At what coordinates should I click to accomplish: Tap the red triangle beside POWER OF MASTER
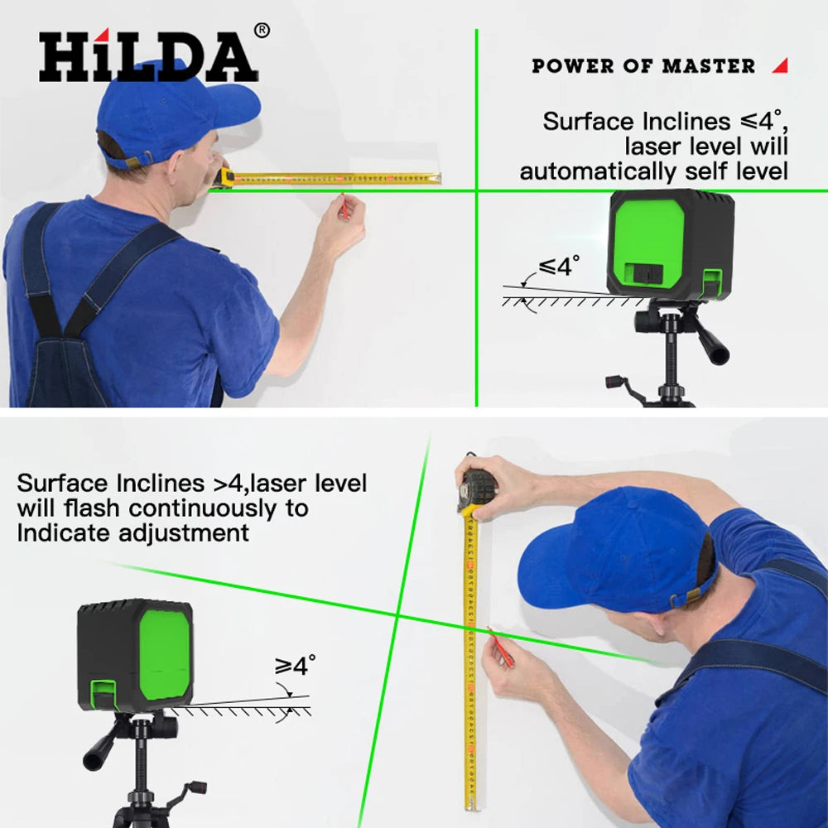coord(779,65)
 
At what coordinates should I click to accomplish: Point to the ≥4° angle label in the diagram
coord(295,665)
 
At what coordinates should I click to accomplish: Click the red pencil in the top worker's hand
coord(343,207)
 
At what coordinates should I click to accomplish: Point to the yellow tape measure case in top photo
coord(225,176)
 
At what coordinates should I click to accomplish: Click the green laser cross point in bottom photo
coord(397,617)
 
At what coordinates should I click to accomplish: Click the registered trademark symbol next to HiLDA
coord(261,31)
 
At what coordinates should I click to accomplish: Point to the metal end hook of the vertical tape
coord(472,806)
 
